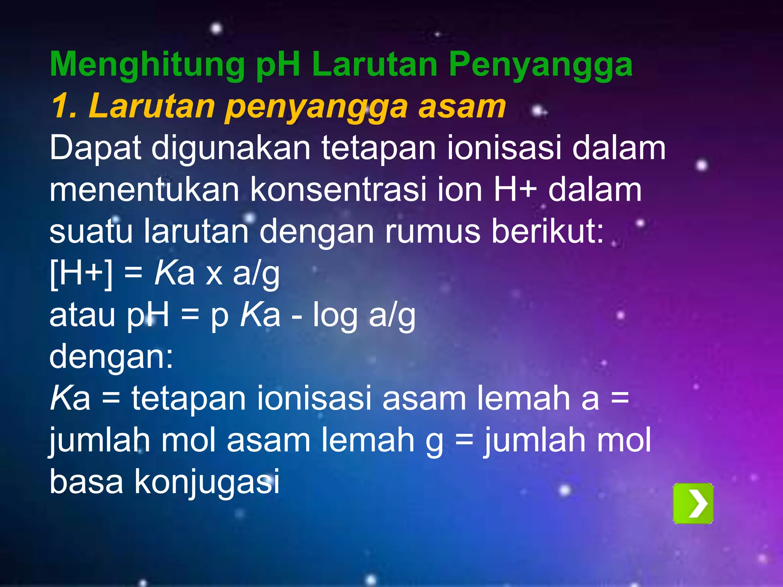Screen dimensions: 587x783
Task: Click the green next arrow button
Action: pos(693,503)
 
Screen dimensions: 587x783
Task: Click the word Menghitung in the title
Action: pos(147,65)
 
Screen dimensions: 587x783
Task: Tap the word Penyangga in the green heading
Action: pos(541,65)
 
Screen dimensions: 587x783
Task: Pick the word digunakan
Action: pos(231,148)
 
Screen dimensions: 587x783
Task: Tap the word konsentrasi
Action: pos(338,190)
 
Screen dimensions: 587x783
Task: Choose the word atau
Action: pos(82,316)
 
